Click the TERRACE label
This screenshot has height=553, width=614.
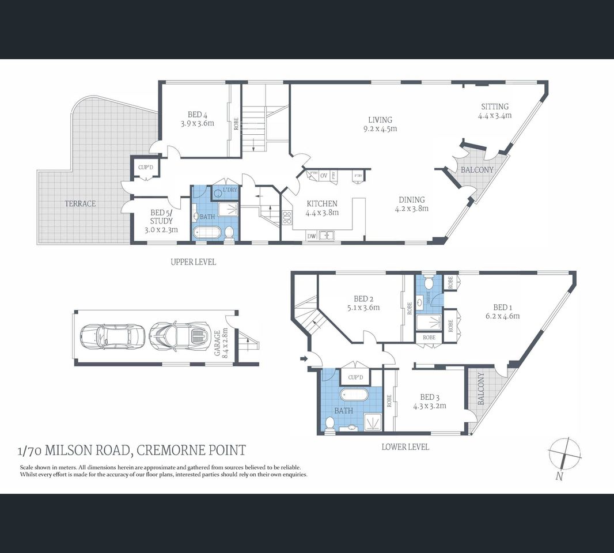pos(80,203)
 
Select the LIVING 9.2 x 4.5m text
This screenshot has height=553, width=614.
pos(382,124)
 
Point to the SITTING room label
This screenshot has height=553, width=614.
pos(495,111)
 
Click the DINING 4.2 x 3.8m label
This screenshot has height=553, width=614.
pos(411,204)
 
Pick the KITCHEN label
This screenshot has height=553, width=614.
pos(321,207)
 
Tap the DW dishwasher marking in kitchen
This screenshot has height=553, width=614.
pos(311,236)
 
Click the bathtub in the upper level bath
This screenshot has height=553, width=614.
pos(207,233)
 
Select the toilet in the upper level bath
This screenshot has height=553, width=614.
pos(229,233)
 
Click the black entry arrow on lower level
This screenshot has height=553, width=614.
pos(303,359)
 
